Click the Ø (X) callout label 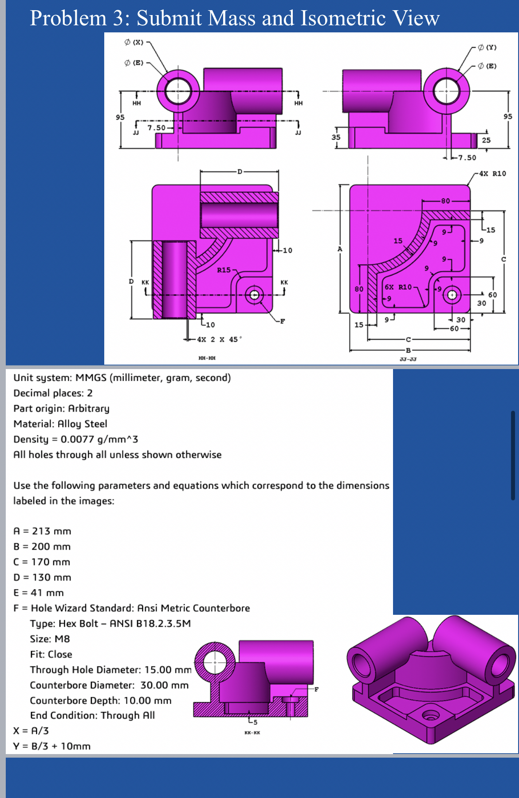pyautogui.click(x=134, y=43)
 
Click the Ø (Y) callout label pyautogui.click(x=487, y=47)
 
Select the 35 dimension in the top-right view pyautogui.click(x=336, y=137)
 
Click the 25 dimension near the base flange pyautogui.click(x=486, y=140)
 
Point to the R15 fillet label pyautogui.click(x=224, y=270)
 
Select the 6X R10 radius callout pyautogui.click(x=398, y=287)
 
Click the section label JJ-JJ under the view pyautogui.click(x=408, y=359)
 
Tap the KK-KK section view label pyautogui.click(x=252, y=732)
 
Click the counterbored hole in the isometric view pyautogui.click(x=430, y=715)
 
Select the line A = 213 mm pyautogui.click(x=42, y=531)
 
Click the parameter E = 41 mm pyautogui.click(x=39, y=593)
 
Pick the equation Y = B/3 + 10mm pyautogui.click(x=52, y=746)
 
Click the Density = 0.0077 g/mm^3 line pyautogui.click(x=75, y=439)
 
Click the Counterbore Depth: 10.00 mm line pyautogui.click(x=101, y=700)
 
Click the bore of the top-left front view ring pyautogui.click(x=178, y=92)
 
